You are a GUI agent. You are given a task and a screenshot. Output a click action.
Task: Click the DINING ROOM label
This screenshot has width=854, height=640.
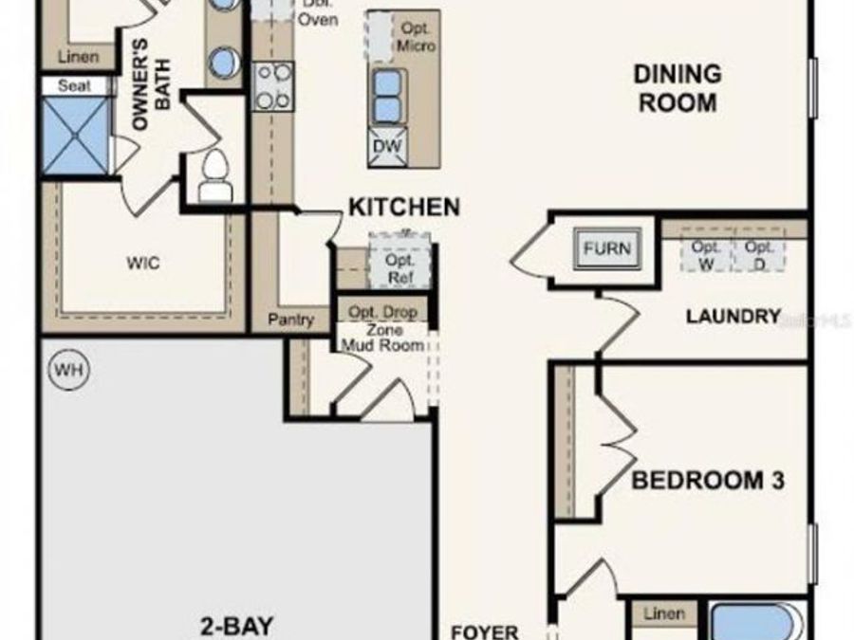[678, 88]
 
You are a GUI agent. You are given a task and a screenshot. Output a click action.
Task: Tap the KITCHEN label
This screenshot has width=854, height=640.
[404, 207]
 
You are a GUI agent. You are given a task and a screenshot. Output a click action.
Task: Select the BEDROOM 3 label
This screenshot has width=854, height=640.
[708, 481]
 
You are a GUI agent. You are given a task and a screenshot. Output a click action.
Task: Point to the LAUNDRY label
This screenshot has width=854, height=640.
[733, 317]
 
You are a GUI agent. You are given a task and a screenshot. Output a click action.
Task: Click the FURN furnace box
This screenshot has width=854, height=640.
[606, 249]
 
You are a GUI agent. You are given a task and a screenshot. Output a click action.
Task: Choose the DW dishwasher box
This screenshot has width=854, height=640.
[387, 147]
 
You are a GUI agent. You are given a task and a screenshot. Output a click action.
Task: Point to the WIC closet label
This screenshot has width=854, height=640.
[143, 263]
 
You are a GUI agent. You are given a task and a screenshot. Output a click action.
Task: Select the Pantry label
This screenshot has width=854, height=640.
[290, 320]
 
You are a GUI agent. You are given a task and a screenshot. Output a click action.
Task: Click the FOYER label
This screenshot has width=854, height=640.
[485, 631]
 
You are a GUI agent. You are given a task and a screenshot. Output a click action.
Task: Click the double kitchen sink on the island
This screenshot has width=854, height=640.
[387, 97]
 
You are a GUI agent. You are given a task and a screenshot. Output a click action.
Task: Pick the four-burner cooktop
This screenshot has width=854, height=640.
[272, 86]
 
